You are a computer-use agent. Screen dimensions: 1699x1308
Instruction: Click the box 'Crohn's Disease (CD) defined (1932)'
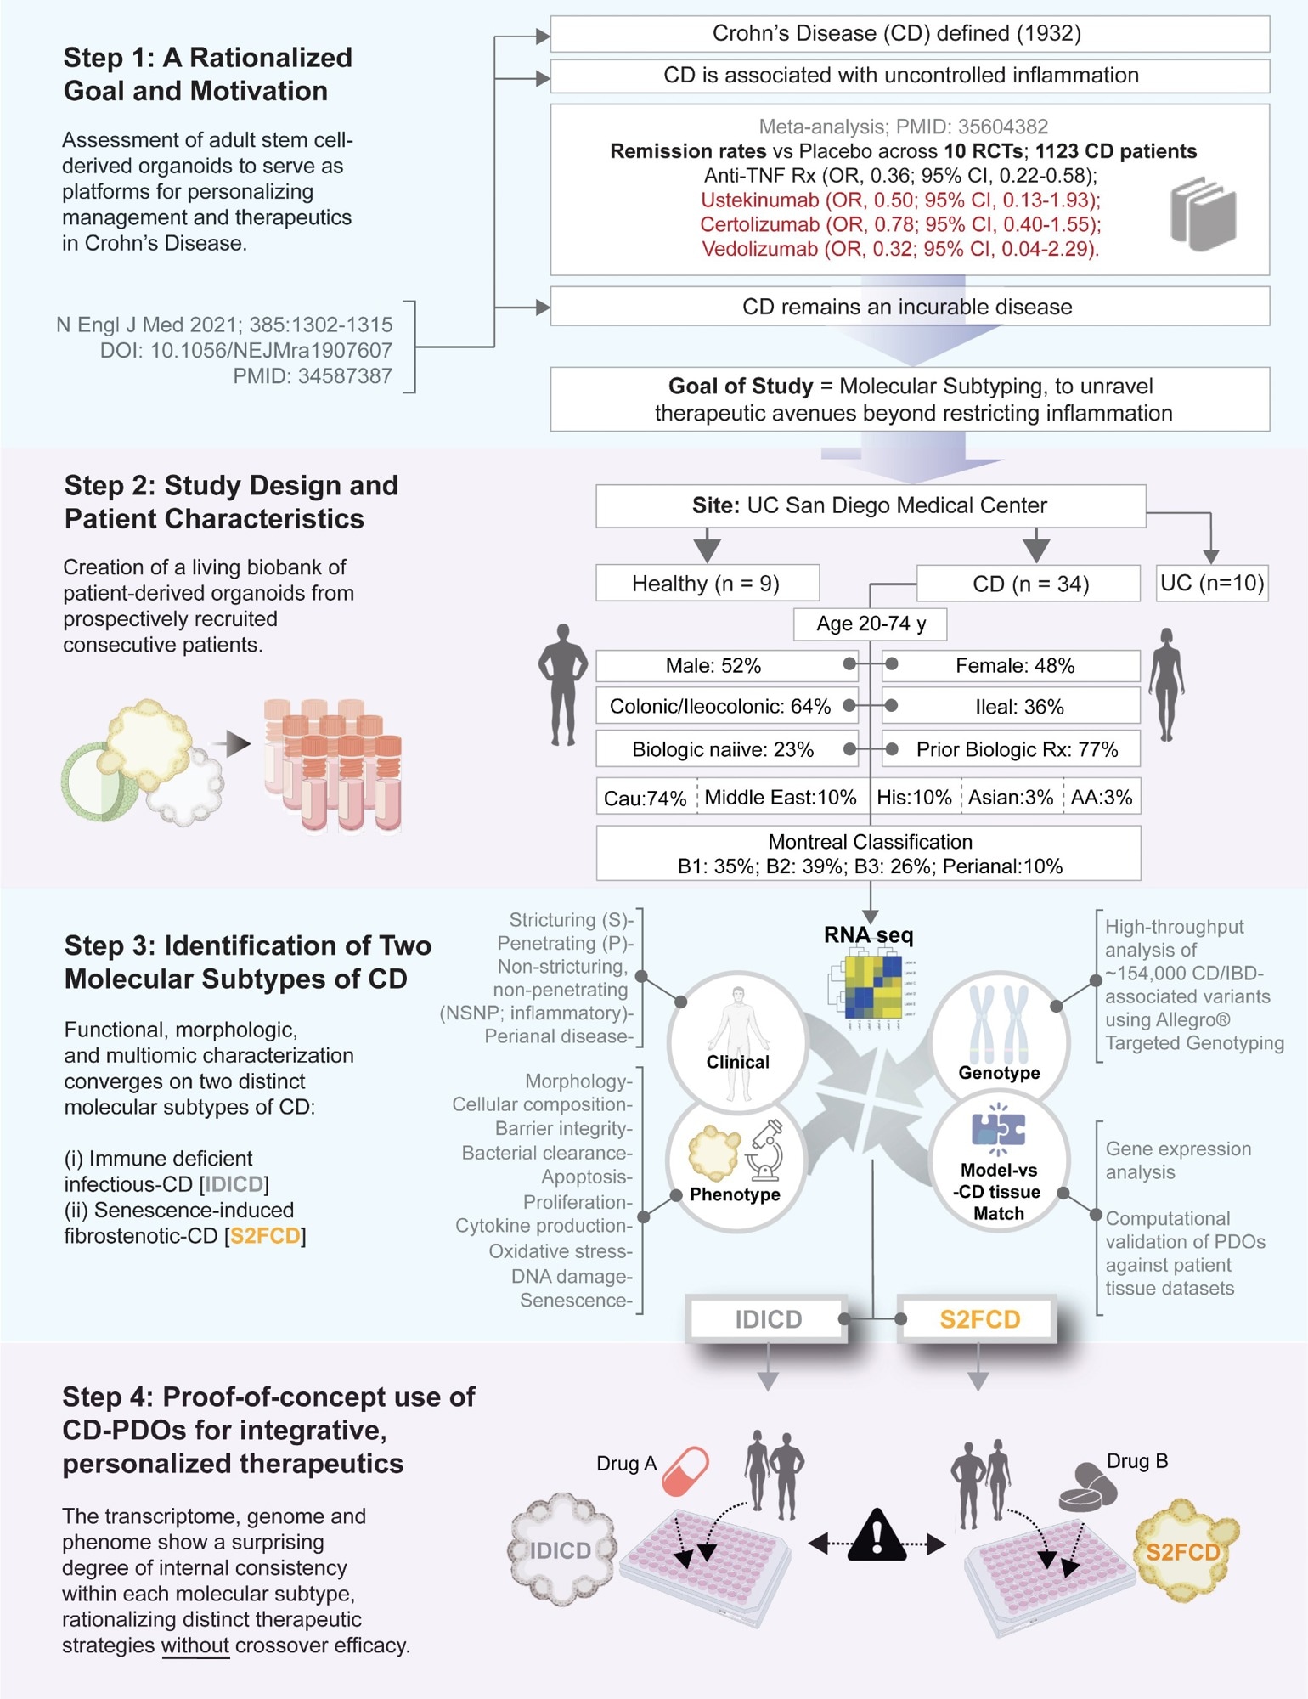909,34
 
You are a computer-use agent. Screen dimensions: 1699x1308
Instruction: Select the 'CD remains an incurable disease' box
909,307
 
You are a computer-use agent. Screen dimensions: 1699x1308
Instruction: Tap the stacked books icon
1203,214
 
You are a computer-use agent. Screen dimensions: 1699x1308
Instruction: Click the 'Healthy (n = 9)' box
707,584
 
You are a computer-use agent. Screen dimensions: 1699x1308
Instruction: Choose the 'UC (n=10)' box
1212,584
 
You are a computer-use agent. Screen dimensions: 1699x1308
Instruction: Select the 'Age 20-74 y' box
870,624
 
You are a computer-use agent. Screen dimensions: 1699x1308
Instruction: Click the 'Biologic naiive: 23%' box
724,749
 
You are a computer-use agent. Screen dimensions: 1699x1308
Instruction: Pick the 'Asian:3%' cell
1011,797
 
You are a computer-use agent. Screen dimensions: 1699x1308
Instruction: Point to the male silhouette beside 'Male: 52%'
562,685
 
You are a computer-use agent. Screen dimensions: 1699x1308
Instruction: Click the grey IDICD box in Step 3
768,1319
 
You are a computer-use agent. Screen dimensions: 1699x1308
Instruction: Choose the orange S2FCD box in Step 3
978,1319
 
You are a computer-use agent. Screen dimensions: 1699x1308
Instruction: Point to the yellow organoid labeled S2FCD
1184,1551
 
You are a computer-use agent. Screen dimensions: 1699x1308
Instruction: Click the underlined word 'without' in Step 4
195,1645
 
